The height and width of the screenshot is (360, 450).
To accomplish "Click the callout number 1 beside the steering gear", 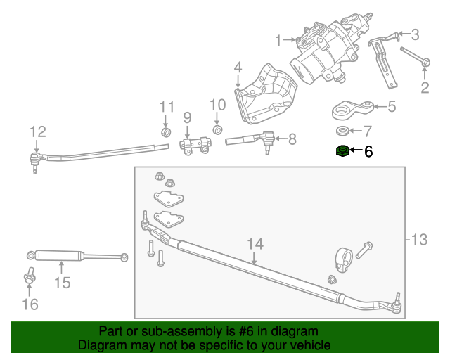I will click(278, 39).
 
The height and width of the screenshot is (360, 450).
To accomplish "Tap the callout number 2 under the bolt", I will click(425, 87).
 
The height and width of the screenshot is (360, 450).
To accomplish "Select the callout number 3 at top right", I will click(415, 34).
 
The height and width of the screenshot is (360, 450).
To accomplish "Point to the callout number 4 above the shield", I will click(238, 67).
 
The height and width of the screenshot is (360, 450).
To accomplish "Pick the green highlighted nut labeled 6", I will click(342, 150).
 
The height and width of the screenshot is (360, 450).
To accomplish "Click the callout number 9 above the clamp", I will click(187, 117).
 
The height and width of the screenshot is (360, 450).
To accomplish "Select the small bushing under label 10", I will click(217, 130).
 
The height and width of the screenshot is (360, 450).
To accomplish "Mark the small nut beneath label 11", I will click(167, 132).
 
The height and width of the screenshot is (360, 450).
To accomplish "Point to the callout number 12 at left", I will click(37, 131).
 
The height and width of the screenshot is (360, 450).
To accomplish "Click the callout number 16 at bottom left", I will click(30, 304).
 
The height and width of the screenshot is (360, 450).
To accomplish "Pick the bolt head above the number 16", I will click(29, 278).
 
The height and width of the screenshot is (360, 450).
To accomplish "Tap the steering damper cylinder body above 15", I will click(60, 255).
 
